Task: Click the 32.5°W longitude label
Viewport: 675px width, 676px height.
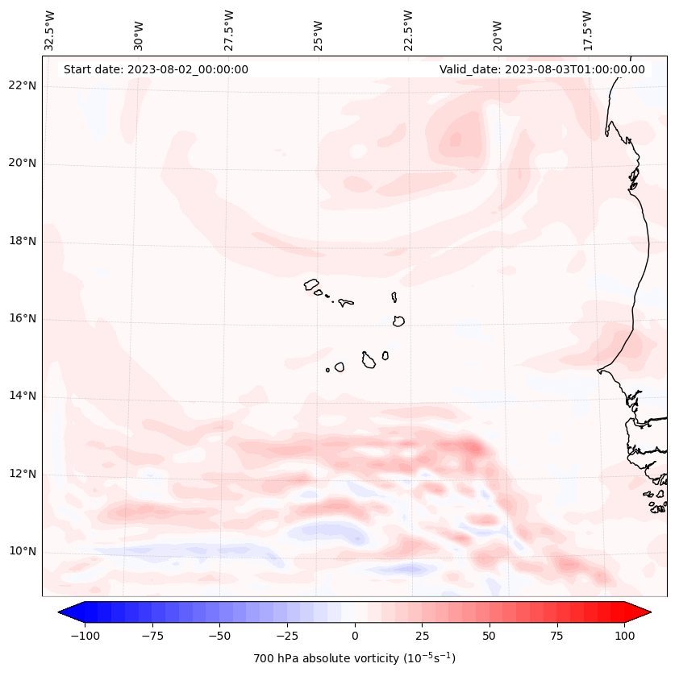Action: tap(50, 31)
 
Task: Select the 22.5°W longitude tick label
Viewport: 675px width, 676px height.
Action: tap(408, 31)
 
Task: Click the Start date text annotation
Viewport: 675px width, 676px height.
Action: tap(156, 69)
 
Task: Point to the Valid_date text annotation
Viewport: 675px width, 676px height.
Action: tap(542, 69)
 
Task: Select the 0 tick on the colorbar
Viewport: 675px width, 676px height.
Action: tap(355, 636)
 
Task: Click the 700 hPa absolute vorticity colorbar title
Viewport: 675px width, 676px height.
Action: tap(354, 658)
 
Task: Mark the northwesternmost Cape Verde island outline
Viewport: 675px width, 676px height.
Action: tap(311, 284)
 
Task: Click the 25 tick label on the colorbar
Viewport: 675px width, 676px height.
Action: tap(423, 636)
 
